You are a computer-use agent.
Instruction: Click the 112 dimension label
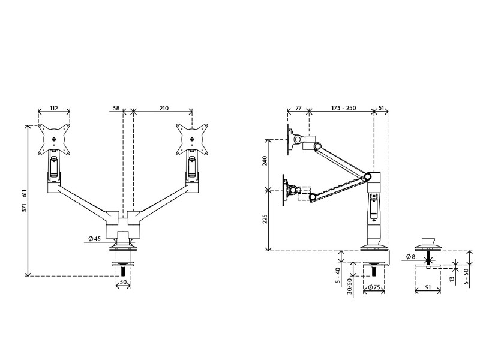tap(54, 108)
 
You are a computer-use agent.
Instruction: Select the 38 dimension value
tap(116, 108)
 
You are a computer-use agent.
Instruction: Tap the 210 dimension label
tap(164, 108)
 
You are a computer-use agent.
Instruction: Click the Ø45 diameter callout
tap(95, 238)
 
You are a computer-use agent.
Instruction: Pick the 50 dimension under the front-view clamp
tap(123, 282)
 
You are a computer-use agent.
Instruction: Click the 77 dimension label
tap(298, 108)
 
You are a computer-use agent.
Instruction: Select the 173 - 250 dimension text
tap(343, 108)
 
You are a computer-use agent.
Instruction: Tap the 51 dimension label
tap(381, 108)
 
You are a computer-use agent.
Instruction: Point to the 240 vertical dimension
tap(265, 161)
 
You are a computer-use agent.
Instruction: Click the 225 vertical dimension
tap(265, 219)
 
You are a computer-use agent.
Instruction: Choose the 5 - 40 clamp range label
tap(338, 277)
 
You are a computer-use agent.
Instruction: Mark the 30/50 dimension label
tap(350, 286)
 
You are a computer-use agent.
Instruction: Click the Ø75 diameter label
tap(374, 287)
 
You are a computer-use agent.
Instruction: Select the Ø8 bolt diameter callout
tap(411, 257)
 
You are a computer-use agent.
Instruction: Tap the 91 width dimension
tap(428, 287)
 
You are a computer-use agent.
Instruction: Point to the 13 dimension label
tap(453, 280)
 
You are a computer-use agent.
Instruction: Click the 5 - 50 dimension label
tap(466, 277)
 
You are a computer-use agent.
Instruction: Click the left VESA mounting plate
tap(54, 139)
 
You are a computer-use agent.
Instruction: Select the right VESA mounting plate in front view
tap(192, 139)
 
